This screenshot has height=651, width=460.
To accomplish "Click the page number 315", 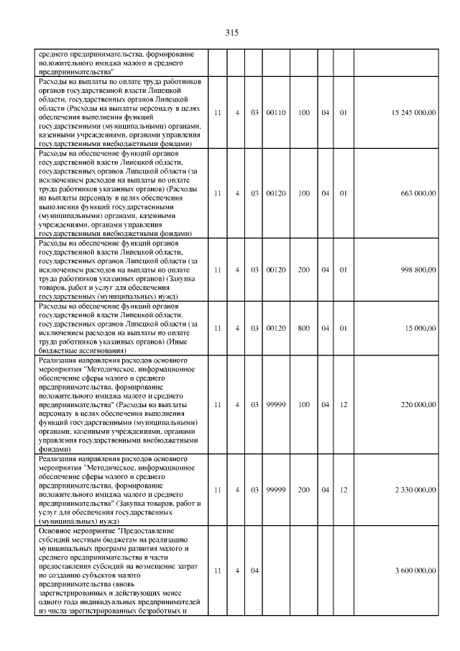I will tap(231, 32).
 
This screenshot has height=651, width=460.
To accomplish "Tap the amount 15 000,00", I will tap(420, 327).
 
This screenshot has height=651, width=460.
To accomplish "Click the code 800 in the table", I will tap(304, 327).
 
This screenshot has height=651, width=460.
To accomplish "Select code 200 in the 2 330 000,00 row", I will tap(304, 489).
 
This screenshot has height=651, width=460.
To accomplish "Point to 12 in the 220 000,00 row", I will tap(344, 405).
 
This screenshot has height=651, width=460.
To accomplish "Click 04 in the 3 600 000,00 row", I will tap(254, 570).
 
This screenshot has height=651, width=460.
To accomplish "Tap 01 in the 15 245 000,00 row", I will tap(344, 112).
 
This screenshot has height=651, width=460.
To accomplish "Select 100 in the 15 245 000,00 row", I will tap(304, 112).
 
